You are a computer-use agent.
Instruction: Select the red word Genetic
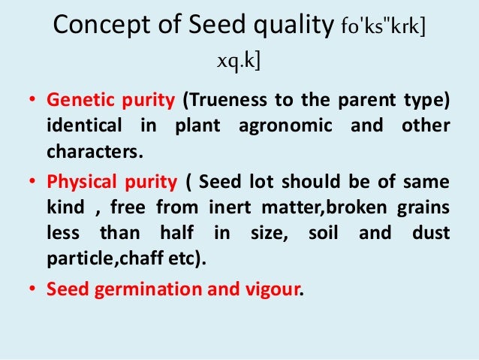pos(74,100)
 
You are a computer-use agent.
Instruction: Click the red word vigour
pos(274,288)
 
